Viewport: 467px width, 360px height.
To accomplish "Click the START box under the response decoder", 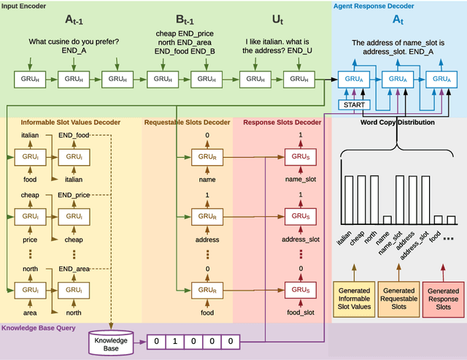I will click(355, 105).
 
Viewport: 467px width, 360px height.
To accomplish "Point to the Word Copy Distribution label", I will click(398, 122).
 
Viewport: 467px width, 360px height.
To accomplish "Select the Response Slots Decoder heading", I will click(282, 122).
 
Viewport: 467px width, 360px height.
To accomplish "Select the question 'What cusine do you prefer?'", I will click(74, 42).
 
